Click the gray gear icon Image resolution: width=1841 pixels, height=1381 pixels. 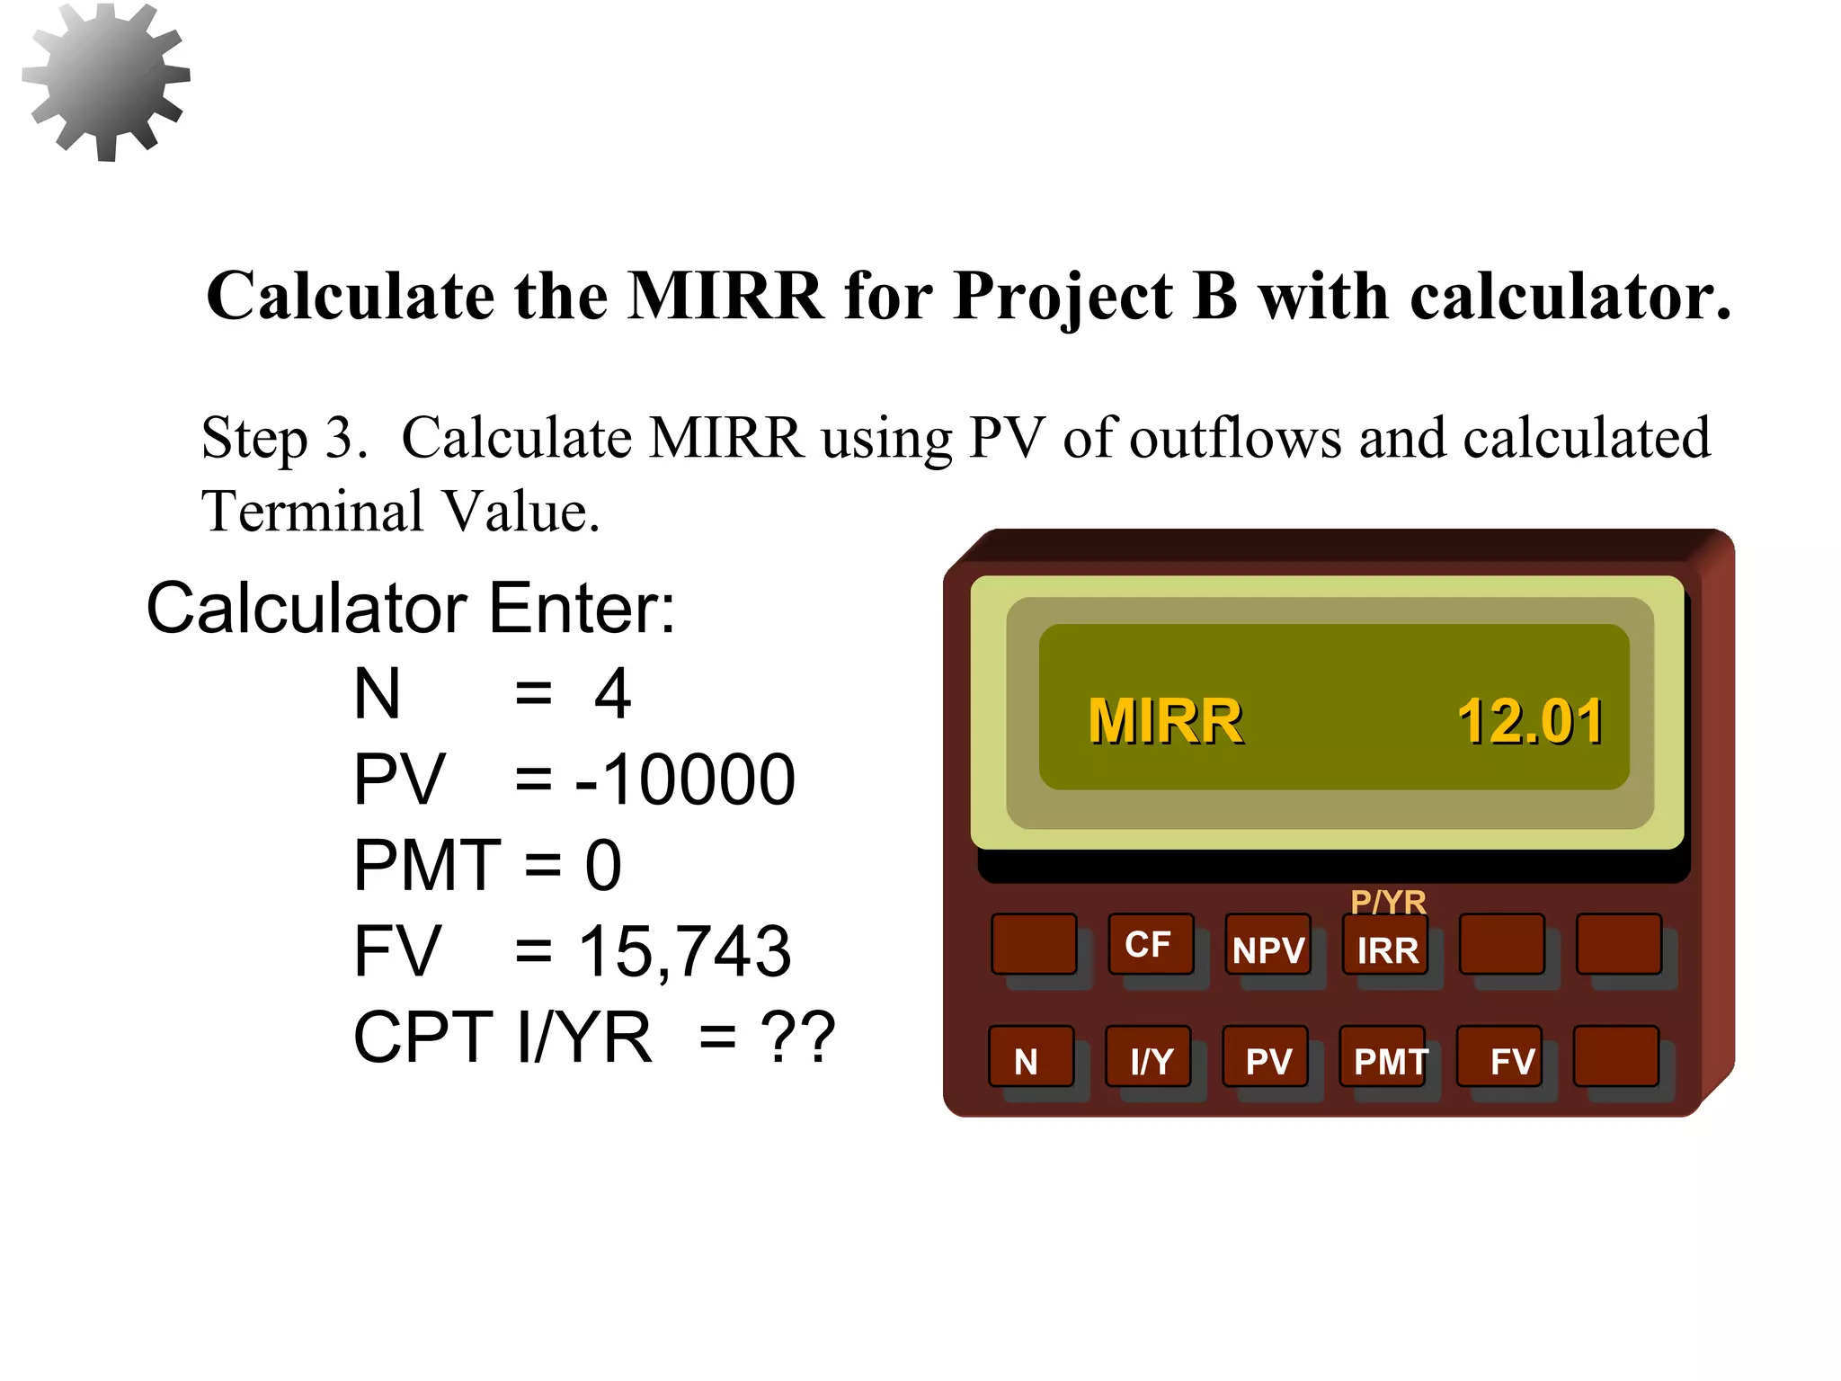pyautogui.click(x=106, y=82)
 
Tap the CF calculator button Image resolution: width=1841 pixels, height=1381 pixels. pyautogui.click(x=1150, y=945)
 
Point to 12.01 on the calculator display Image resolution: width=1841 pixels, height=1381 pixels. pyautogui.click(x=1529, y=722)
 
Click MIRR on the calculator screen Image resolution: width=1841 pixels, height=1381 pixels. pyautogui.click(x=1165, y=722)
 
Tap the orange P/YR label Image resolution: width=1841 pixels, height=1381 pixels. pyautogui.click(x=1388, y=902)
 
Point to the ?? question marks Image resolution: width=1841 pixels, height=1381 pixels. pyautogui.click(x=797, y=1037)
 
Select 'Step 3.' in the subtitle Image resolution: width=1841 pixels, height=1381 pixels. pyautogui.click(x=284, y=439)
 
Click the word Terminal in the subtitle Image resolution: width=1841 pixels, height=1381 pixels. pyautogui.click(x=312, y=512)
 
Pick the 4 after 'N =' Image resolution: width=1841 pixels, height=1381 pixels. pyautogui.click(x=612, y=694)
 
